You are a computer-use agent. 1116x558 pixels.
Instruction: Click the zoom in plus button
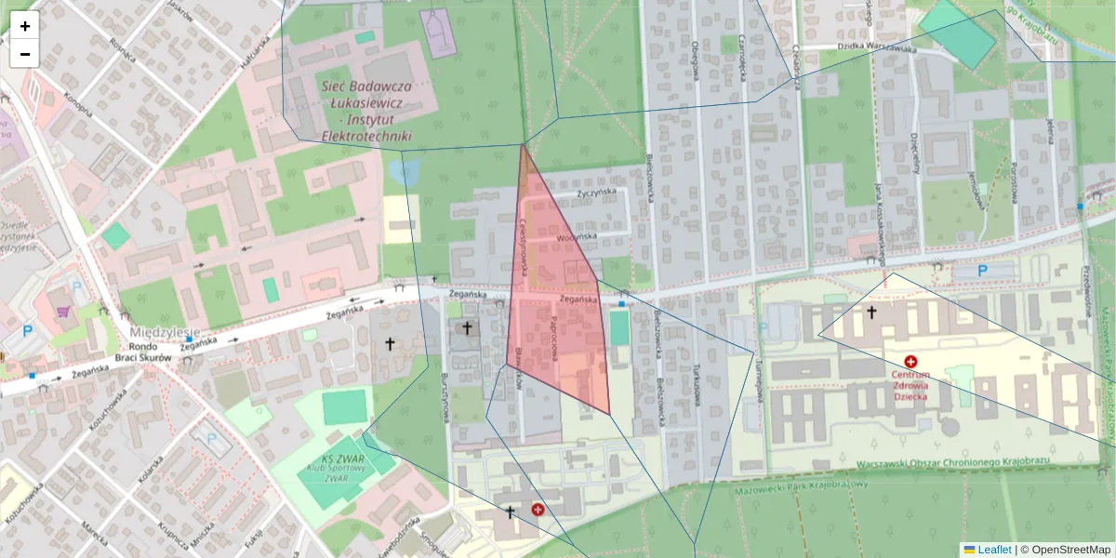[x=25, y=26]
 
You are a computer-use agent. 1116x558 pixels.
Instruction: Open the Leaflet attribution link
[x=993, y=550]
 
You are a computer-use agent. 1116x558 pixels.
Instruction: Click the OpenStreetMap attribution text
[x=1070, y=550]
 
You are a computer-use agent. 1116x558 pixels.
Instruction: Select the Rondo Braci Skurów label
[x=143, y=352]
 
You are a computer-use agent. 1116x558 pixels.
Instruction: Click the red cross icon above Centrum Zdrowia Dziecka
[x=910, y=360]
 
